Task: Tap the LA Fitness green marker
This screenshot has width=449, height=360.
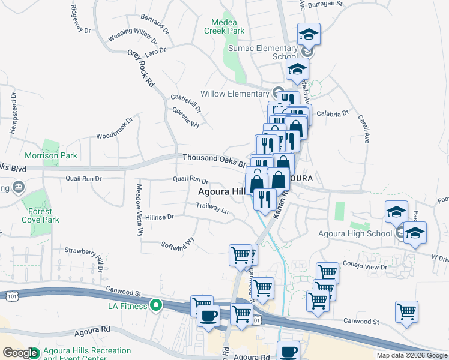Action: [156, 306]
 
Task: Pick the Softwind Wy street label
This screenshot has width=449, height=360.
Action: [178, 243]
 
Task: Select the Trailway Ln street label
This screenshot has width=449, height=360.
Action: [212, 208]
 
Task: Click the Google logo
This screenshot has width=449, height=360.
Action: [20, 353]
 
